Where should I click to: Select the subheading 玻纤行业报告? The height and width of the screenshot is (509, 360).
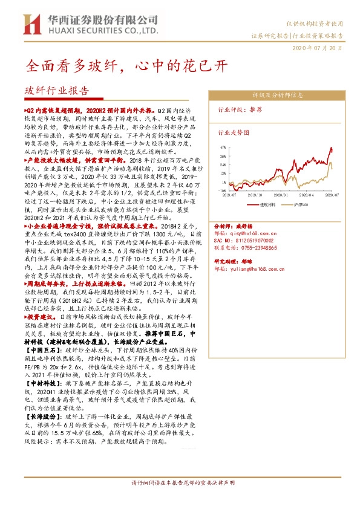tap(56, 91)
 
